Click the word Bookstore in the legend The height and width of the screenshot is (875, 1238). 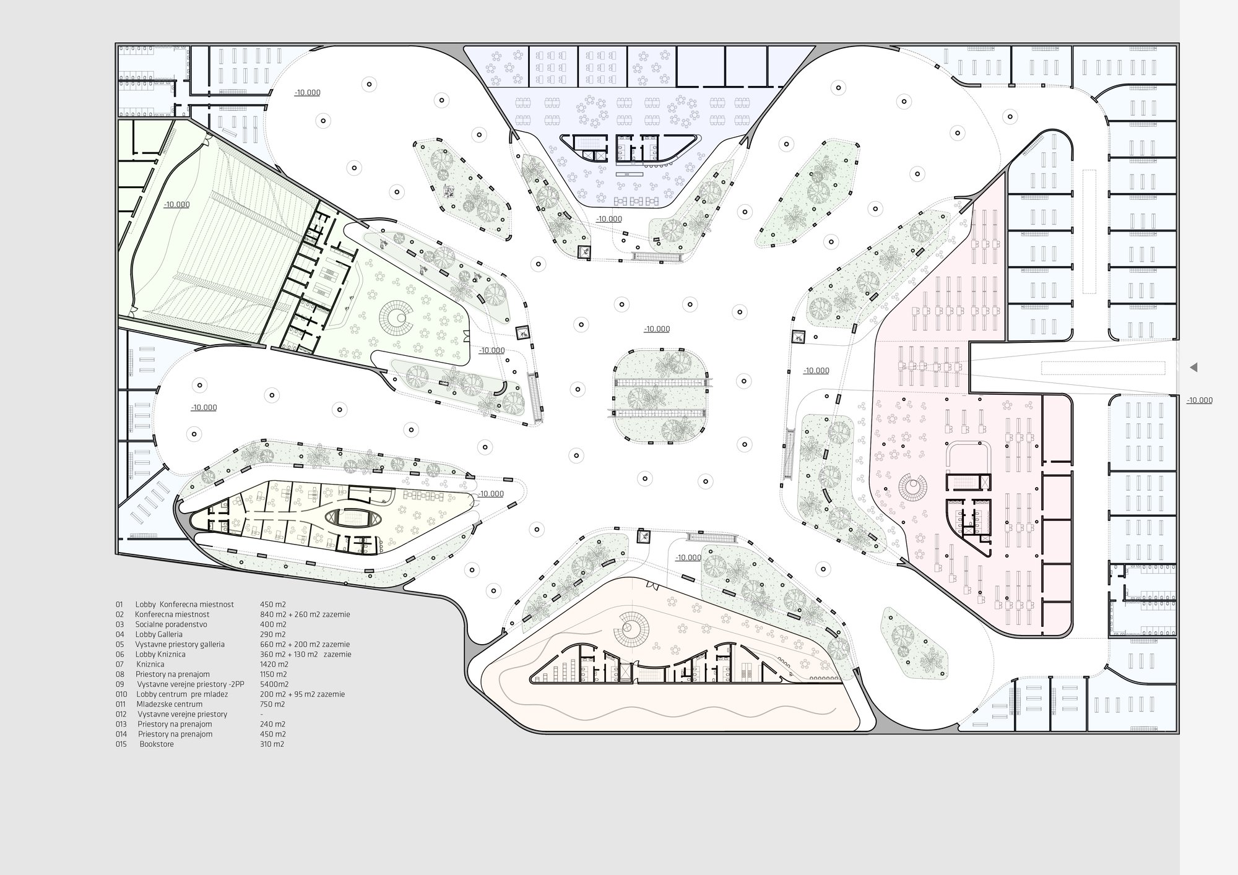pos(157,744)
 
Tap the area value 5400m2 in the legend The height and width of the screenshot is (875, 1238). pos(274,684)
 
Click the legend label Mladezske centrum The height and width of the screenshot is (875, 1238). pos(170,704)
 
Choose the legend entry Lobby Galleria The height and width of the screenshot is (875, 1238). pos(159,634)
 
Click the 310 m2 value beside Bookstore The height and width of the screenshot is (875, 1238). pos(272,744)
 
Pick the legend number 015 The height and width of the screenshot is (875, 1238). pos(121,744)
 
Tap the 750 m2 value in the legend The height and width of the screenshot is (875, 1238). pos(272,704)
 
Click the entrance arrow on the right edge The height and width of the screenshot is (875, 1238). pos(1193,368)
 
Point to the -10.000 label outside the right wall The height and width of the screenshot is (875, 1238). pos(1200,400)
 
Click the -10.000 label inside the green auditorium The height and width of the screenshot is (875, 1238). pos(177,204)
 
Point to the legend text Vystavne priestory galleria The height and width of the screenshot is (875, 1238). pos(180,644)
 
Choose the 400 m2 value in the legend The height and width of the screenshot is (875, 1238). pos(273,624)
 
